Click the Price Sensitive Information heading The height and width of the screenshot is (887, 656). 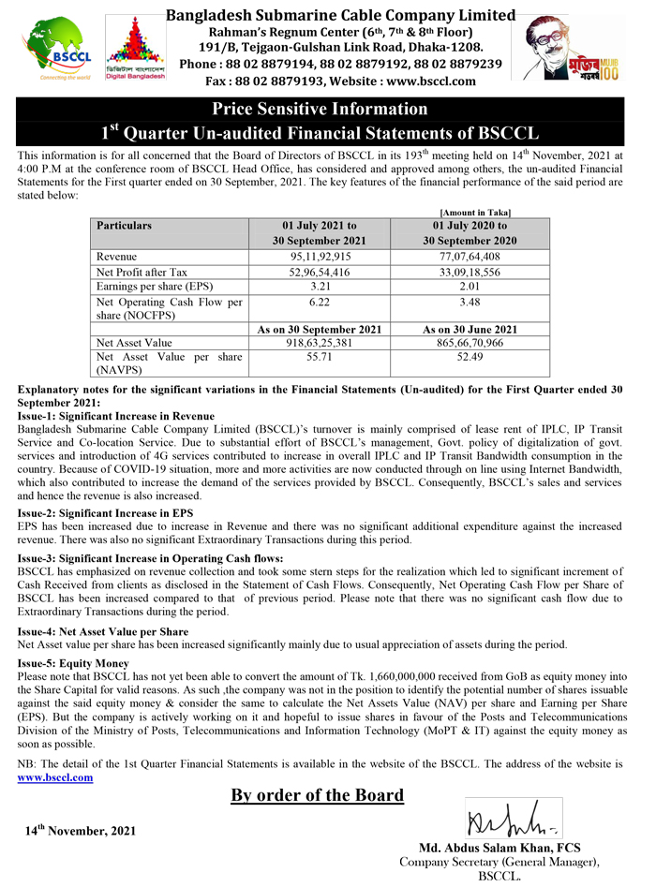tap(321, 110)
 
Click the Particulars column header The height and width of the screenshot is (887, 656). tap(124, 226)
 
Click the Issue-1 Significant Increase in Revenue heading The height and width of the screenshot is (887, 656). tap(116, 416)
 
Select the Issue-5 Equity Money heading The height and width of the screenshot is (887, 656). tap(73, 662)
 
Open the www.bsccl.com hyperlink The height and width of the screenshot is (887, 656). tap(55, 776)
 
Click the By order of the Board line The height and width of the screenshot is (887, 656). tap(318, 796)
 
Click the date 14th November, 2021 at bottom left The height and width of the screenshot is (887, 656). tap(81, 831)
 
